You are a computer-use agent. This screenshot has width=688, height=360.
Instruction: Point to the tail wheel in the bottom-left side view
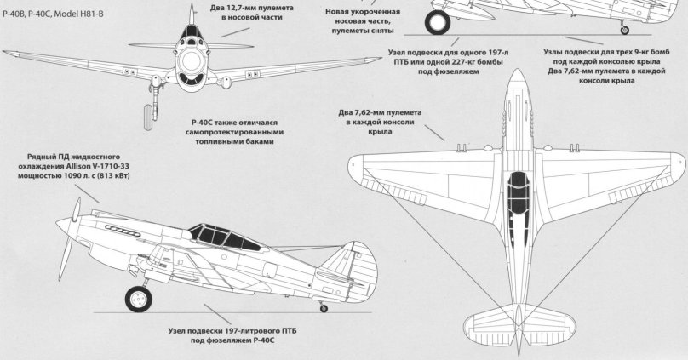coord(323,307)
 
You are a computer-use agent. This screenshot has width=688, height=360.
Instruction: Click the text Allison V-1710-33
coord(95,168)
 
